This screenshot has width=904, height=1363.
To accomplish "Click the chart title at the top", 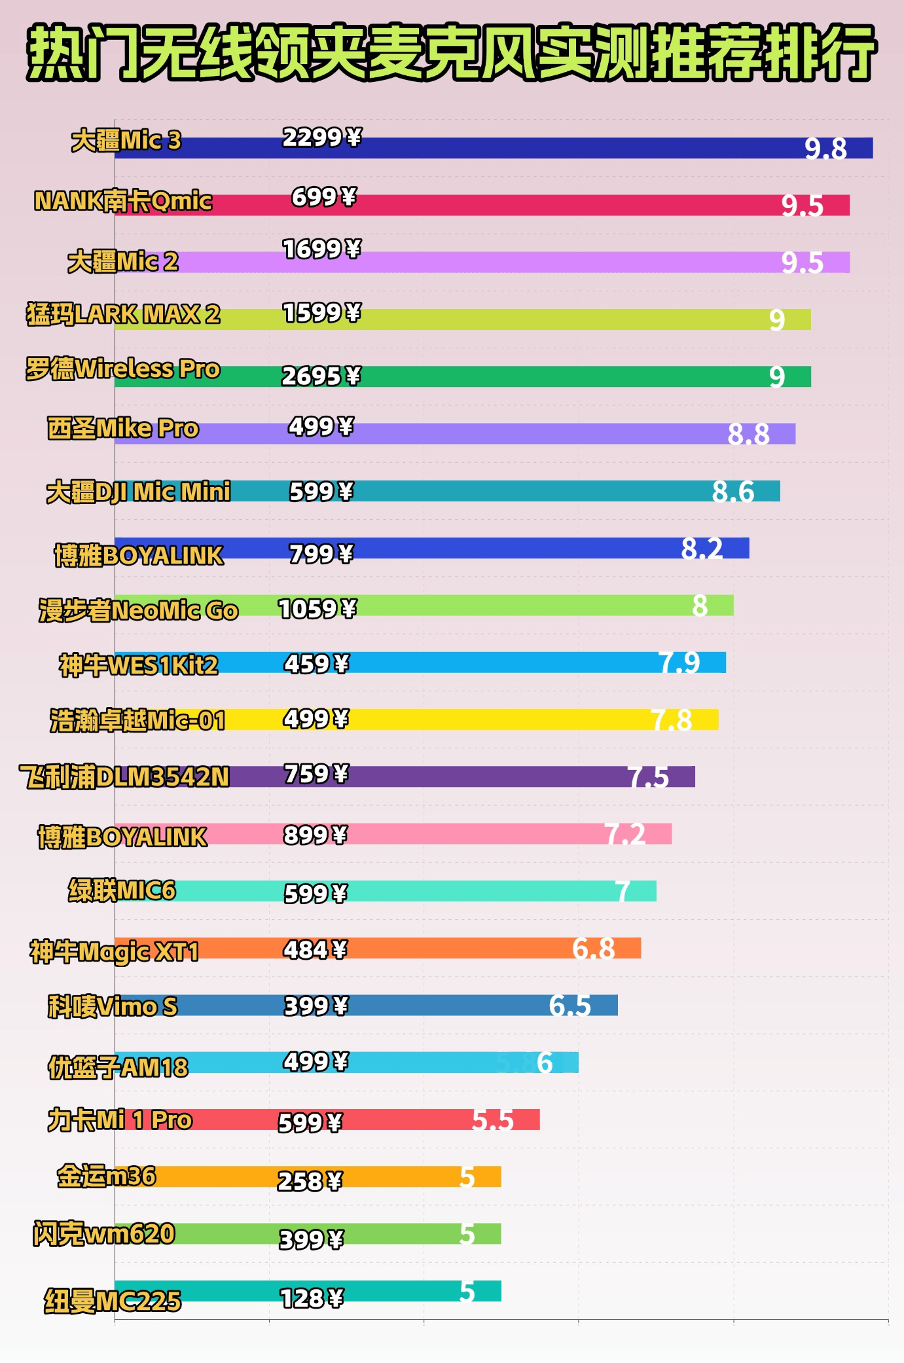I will point(452,52).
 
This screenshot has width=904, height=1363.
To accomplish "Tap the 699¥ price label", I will point(323,196).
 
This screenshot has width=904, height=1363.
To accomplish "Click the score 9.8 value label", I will point(825,149).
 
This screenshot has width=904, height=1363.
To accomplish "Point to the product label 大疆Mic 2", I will point(123,261).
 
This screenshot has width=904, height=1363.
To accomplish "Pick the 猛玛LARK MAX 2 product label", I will point(123,314).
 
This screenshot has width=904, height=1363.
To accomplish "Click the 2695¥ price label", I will point(321,376).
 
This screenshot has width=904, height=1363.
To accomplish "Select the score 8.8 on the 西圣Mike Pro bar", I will point(748,434).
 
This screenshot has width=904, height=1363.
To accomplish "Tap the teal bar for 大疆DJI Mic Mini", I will point(524,491).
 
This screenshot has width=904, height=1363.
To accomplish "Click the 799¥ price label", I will point(321,554).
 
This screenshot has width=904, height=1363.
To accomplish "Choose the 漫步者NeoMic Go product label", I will point(138,610).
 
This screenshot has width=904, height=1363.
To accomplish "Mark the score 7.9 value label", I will point(679,663).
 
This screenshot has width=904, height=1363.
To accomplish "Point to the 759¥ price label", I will point(316,774).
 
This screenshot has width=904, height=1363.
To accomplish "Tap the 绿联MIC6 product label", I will point(122,890).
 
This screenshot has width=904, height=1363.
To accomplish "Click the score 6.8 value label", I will point(593,948).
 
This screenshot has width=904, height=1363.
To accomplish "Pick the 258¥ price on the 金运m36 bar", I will point(310,1181).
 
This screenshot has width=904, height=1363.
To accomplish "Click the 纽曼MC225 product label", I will point(113,1301).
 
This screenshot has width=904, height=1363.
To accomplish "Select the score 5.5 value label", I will point(492,1120).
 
